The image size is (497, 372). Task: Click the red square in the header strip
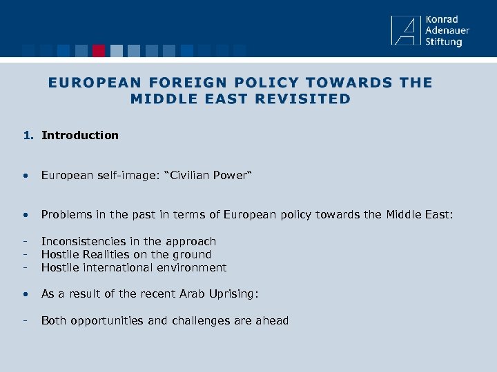coord(99,50)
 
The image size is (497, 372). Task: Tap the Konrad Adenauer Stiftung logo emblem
coord(405,31)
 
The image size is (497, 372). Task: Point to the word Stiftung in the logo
coord(444,42)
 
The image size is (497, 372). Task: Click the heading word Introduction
coord(80,135)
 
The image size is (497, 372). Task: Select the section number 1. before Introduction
coord(28,135)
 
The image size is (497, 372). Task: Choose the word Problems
coord(65,215)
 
